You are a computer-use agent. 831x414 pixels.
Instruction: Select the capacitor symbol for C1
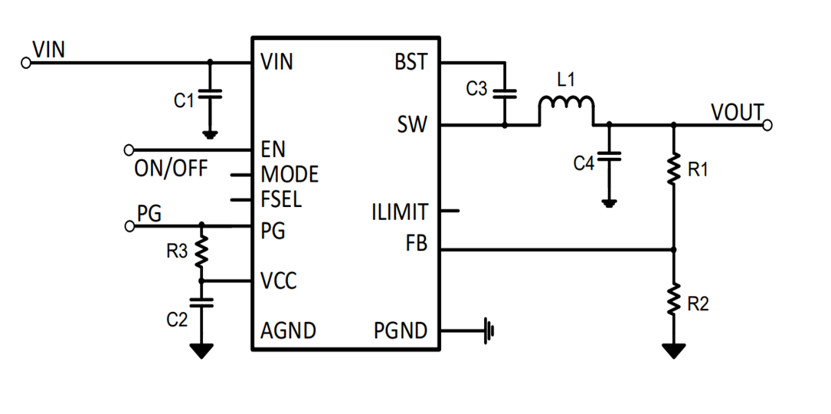[211, 94]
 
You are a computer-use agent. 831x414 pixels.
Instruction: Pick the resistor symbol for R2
[674, 300]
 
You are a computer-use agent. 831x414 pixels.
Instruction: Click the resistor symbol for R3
[202, 250]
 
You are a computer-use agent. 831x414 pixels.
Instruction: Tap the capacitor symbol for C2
[202, 302]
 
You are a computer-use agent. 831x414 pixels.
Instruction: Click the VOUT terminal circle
[767, 124]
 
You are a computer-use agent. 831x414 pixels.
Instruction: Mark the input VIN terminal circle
[26, 63]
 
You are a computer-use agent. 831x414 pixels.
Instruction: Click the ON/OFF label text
[170, 169]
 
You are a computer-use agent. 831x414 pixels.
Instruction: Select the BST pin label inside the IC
[411, 63]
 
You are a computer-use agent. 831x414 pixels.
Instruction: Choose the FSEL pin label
[281, 200]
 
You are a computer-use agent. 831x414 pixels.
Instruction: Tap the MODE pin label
[289, 175]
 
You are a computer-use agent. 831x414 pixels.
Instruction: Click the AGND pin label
[288, 331]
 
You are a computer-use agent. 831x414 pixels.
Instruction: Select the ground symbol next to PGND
[489, 331]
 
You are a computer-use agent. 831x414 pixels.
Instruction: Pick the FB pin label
[417, 246]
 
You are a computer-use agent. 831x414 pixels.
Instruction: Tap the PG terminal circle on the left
[129, 225]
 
